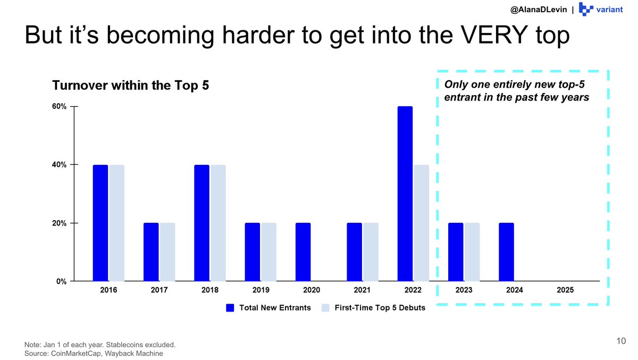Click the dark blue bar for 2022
(405, 194)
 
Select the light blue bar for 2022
(421, 223)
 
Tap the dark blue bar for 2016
(100, 223)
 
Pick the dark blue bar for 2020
(303, 252)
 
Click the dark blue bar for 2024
(506, 252)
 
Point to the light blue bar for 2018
(218, 223)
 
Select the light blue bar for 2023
(472, 252)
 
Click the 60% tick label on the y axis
(59, 106)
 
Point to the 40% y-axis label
(59, 165)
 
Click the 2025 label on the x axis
(565, 290)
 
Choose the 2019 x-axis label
(261, 290)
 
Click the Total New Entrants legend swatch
(230, 308)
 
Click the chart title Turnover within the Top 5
(130, 85)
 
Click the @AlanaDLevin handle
(539, 10)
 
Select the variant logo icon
(586, 9)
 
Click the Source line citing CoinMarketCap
(94, 353)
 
